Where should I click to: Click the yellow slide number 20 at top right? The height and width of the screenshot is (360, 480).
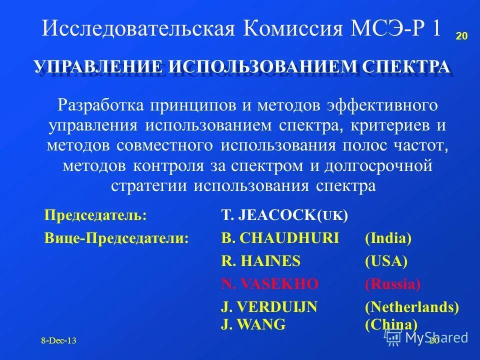click(461, 36)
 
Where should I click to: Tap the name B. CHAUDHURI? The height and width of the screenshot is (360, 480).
click(280, 238)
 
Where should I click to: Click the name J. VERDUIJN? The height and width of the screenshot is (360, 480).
click(269, 307)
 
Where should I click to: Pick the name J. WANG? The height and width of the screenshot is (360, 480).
click(253, 324)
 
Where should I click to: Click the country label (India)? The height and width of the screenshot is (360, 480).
click(388, 238)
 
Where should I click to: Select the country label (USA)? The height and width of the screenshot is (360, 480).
click(386, 261)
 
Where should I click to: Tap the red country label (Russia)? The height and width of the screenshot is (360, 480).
click(392, 284)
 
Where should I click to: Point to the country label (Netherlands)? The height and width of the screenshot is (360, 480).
click(412, 307)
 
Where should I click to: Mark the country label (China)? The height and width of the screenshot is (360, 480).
click(391, 324)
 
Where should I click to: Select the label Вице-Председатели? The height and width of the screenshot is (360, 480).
click(116, 238)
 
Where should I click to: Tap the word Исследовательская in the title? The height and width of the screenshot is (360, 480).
click(138, 28)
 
